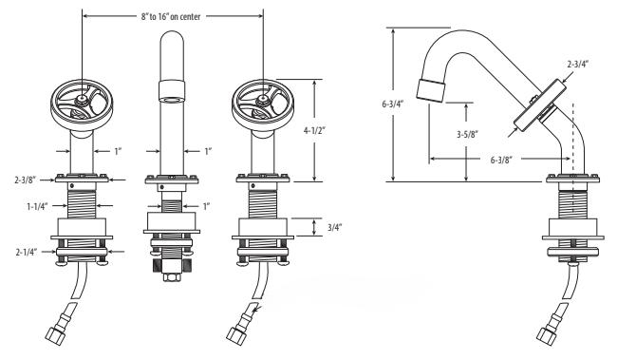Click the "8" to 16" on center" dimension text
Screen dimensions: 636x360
click(x=171, y=17)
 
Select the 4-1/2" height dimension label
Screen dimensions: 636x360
click(x=315, y=131)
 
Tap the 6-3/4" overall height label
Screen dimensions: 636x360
click(x=392, y=104)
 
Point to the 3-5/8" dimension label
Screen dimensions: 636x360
click(x=467, y=134)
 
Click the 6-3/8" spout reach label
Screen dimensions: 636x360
click(x=501, y=160)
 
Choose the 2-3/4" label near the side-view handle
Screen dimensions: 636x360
click(x=578, y=64)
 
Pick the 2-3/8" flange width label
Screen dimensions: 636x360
click(x=26, y=180)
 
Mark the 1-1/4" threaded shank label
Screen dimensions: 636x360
click(x=37, y=206)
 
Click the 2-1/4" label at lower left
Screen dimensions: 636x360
click(x=27, y=252)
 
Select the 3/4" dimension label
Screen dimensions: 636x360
click(x=335, y=227)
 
